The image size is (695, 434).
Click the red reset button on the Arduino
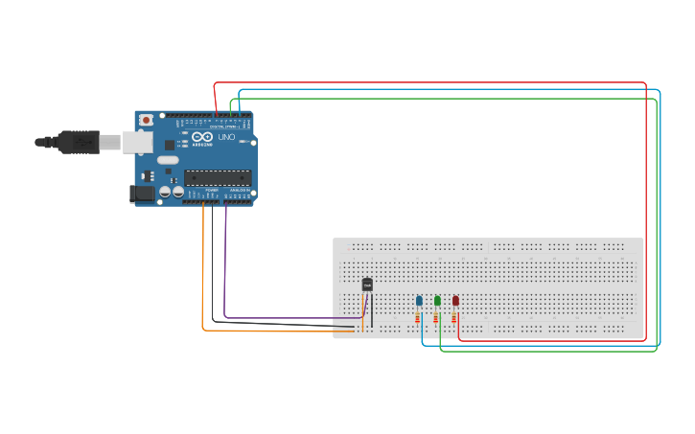tap(146, 120)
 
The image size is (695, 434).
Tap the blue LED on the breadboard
tap(419, 301)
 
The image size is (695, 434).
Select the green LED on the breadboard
tap(437, 301)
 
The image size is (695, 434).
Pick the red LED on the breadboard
tap(455, 301)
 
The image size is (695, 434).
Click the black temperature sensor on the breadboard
tap(367, 284)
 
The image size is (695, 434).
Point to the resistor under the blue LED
tap(418, 318)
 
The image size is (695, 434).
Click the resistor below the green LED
tap(436, 318)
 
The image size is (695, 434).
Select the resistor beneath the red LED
tap(454, 318)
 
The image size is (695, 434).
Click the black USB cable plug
tap(77, 142)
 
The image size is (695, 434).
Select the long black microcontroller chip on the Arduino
tap(218, 176)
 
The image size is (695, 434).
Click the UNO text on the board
tap(227, 138)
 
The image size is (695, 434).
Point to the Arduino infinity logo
tap(202, 135)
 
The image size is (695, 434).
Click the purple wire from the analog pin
tap(225, 268)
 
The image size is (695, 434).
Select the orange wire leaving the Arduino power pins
tap(202, 278)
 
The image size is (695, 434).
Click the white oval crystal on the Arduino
tap(168, 160)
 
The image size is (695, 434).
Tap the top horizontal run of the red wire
tap(431, 83)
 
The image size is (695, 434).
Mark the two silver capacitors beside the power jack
tap(172, 193)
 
